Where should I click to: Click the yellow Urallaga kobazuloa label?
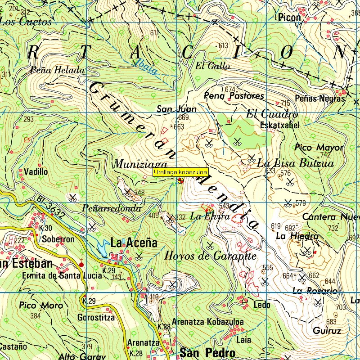[180, 172]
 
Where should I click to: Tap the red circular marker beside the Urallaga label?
[180, 180]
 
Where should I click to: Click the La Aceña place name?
[134, 243]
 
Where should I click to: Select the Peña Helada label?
[58, 70]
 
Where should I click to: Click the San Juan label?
[171, 109]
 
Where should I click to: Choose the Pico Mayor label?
[319, 148]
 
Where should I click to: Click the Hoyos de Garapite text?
[210, 256]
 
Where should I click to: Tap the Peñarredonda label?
[112, 208]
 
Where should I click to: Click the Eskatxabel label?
[279, 126]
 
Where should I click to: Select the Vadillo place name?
[36, 171]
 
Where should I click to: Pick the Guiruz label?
[327, 331]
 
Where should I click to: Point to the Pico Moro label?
[41, 306]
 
